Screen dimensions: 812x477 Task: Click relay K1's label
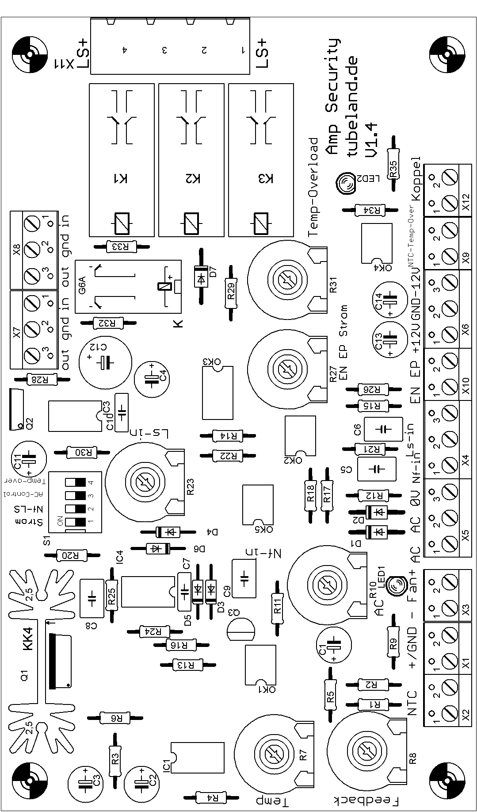[121, 179]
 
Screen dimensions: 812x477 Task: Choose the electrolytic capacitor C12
[105, 362]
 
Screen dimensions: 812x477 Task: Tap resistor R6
[114, 718]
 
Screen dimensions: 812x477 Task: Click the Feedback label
[366, 800]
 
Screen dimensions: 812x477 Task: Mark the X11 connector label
[64, 65]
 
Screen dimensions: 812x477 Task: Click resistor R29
[230, 293]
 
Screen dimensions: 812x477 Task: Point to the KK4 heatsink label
[27, 640]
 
